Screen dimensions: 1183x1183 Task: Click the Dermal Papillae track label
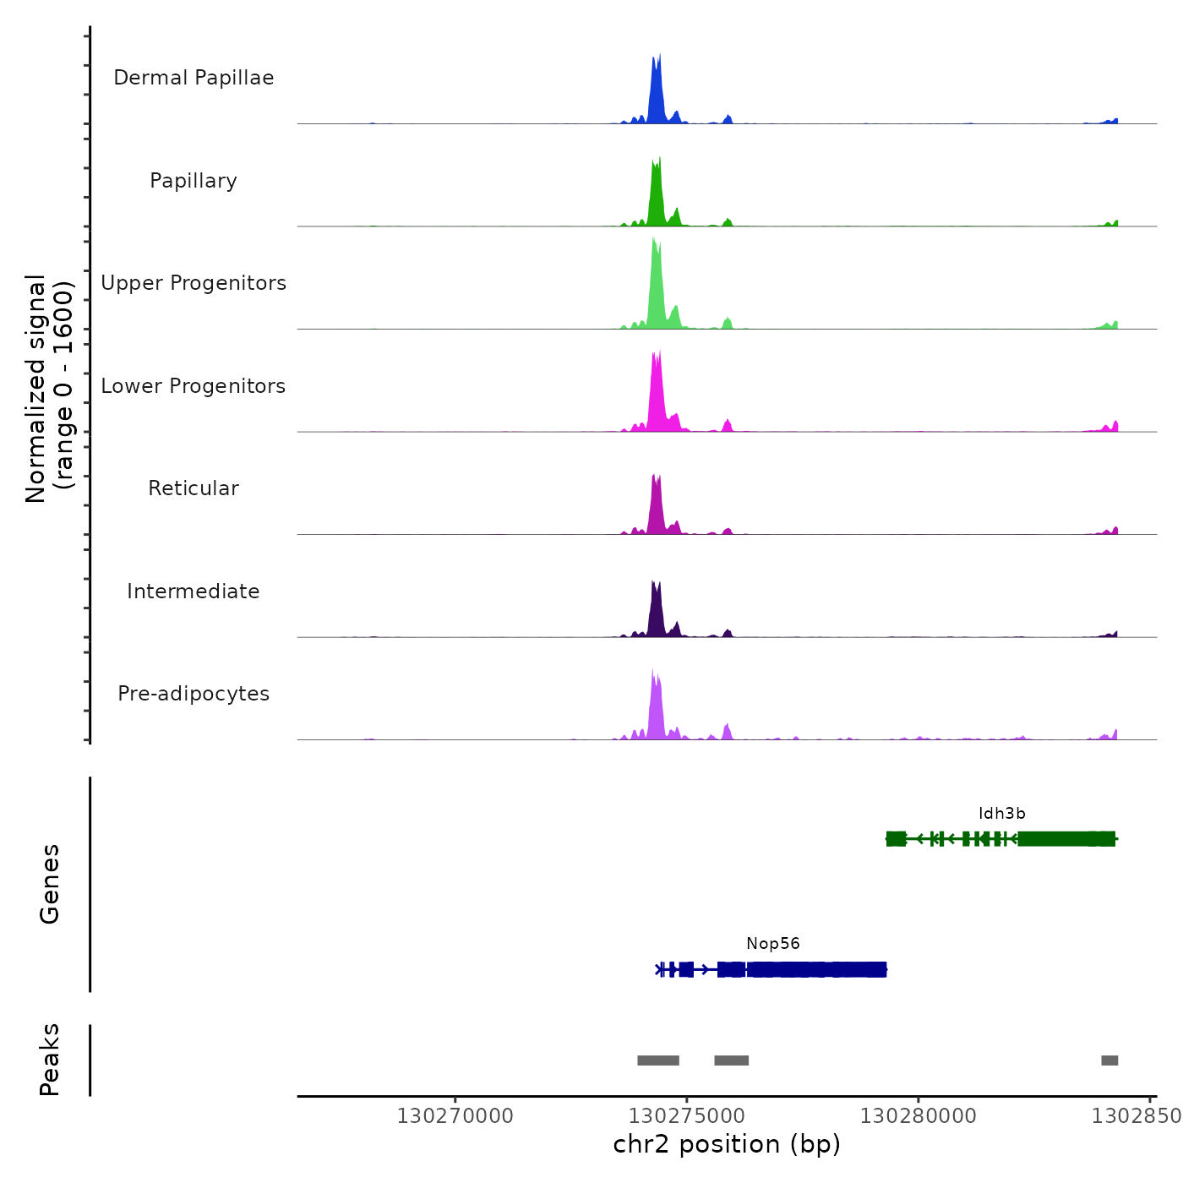pos(194,78)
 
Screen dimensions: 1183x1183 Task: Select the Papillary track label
pos(194,181)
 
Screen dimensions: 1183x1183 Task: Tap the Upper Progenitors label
pos(194,283)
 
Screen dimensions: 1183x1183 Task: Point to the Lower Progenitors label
pos(194,386)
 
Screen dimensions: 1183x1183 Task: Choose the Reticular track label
pos(194,488)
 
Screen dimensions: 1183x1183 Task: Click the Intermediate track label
pos(194,591)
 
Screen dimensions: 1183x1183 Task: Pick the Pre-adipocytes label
pos(194,694)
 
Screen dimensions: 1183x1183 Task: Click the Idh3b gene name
pos(1002,814)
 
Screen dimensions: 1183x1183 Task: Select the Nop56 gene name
pos(773,944)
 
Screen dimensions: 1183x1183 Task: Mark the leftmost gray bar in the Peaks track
pos(658,1060)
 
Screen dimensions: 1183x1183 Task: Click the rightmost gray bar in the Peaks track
pos(1109,1060)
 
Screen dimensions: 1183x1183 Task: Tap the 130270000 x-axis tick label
pos(455,1116)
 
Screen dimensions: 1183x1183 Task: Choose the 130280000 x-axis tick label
pos(919,1116)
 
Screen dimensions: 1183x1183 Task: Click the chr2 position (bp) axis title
pos(727,1144)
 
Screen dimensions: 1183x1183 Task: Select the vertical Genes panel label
pos(50,884)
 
